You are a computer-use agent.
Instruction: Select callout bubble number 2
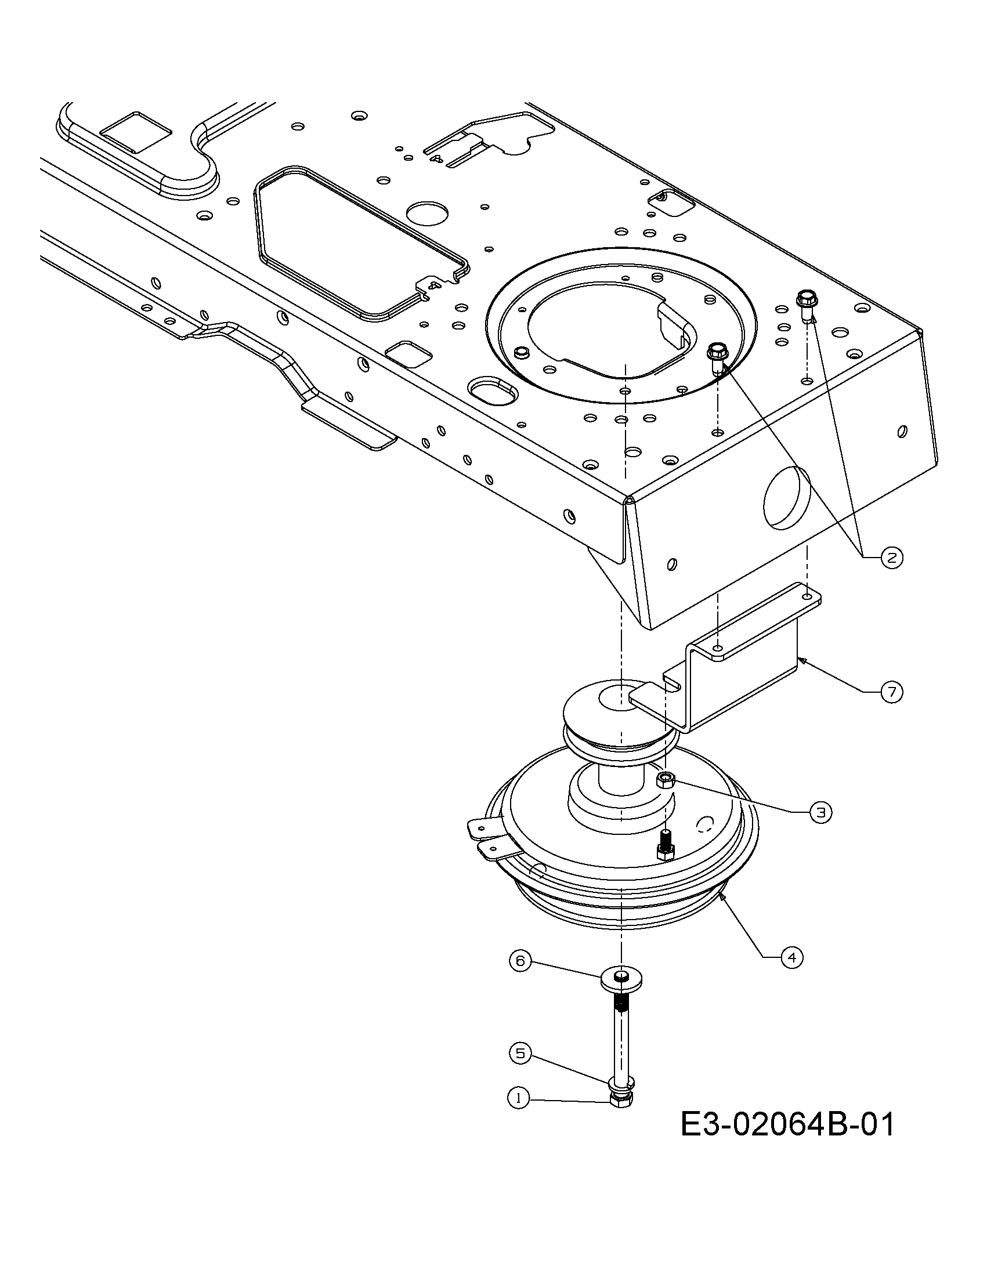pyautogui.click(x=891, y=558)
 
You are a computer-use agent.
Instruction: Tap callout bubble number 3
pyautogui.click(x=821, y=812)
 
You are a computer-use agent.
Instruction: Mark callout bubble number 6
pyautogui.click(x=520, y=960)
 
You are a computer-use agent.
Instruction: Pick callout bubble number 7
pyautogui.click(x=891, y=692)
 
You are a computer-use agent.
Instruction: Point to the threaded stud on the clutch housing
pyautogui.click(x=666, y=844)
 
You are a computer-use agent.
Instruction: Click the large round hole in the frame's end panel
pyautogui.click(x=787, y=498)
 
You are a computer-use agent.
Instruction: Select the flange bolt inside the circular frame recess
pyautogui.click(x=716, y=359)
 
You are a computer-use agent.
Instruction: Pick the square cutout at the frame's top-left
pyautogui.click(x=136, y=132)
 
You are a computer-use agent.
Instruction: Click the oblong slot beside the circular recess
pyautogui.click(x=491, y=391)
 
